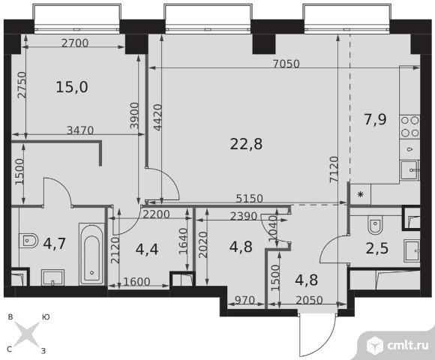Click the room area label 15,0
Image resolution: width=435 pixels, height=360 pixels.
pyautogui.click(x=72, y=87)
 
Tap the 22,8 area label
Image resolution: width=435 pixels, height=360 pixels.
pyautogui.click(x=246, y=144)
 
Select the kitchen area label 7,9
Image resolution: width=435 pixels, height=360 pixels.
pyautogui.click(x=375, y=119)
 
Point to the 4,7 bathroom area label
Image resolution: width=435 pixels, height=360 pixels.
pyautogui.click(x=55, y=244)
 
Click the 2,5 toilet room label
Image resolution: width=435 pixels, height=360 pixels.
pyautogui.click(x=377, y=248)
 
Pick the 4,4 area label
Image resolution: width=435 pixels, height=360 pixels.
pyautogui.click(x=147, y=249)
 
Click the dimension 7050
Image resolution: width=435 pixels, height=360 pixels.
pyautogui.click(x=286, y=64)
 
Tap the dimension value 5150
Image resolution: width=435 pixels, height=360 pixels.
pyautogui.click(x=250, y=199)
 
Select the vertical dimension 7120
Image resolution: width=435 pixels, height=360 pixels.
pyautogui.click(x=334, y=169)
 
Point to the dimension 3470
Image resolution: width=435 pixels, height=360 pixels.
pyautogui.click(x=80, y=130)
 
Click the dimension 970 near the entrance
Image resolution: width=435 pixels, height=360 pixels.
pyautogui.click(x=244, y=300)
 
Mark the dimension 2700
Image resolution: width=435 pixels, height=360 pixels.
pyautogui.click(x=75, y=43)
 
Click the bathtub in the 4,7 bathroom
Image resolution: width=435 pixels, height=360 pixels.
pyautogui.click(x=91, y=254)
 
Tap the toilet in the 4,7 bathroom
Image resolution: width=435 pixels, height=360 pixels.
pyautogui.click(x=28, y=241)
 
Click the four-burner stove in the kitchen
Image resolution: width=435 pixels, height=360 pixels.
pyautogui.click(x=409, y=127)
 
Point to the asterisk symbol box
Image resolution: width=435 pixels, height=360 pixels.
pyautogui.click(x=360, y=194)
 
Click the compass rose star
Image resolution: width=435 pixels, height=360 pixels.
pyautogui.click(x=27, y=334)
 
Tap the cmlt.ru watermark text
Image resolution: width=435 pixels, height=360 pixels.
pyautogui.click(x=408, y=346)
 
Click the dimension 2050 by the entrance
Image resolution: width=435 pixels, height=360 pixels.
pyautogui.click(x=309, y=300)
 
